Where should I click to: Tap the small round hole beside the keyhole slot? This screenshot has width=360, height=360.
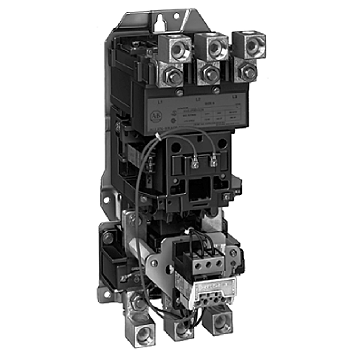(176, 16)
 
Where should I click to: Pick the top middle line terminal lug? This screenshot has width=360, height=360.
(215, 47)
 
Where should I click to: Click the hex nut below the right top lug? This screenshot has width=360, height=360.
(248, 72)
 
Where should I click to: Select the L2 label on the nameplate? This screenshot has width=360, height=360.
(198, 99)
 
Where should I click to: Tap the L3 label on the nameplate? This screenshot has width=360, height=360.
(234, 96)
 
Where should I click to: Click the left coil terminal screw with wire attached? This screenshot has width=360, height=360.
(195, 165)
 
